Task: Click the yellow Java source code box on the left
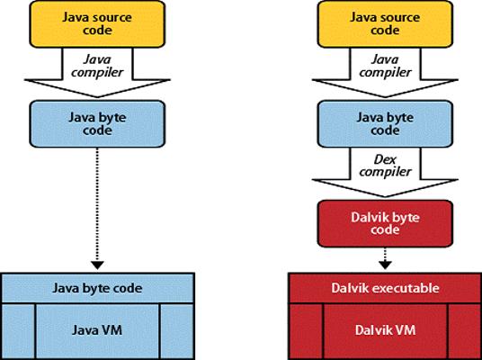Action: click(97, 24)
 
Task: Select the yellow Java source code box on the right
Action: click(385, 24)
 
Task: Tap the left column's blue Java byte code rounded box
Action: click(97, 123)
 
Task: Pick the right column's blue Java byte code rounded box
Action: click(385, 123)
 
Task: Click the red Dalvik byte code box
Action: click(385, 224)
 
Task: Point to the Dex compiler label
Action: click(385, 166)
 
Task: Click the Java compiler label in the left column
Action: click(97, 66)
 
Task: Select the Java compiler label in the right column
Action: click(385, 66)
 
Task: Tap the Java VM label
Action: click(97, 330)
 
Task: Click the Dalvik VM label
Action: click(385, 330)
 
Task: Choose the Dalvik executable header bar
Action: click(385, 288)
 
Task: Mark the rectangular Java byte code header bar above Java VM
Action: click(97, 288)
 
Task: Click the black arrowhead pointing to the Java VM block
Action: click(97, 265)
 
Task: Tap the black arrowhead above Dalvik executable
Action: click(385, 265)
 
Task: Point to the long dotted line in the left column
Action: click(97, 204)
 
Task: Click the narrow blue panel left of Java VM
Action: click(19, 331)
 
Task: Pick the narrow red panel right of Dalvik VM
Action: click(464, 331)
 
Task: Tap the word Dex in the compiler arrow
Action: click(385, 159)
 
